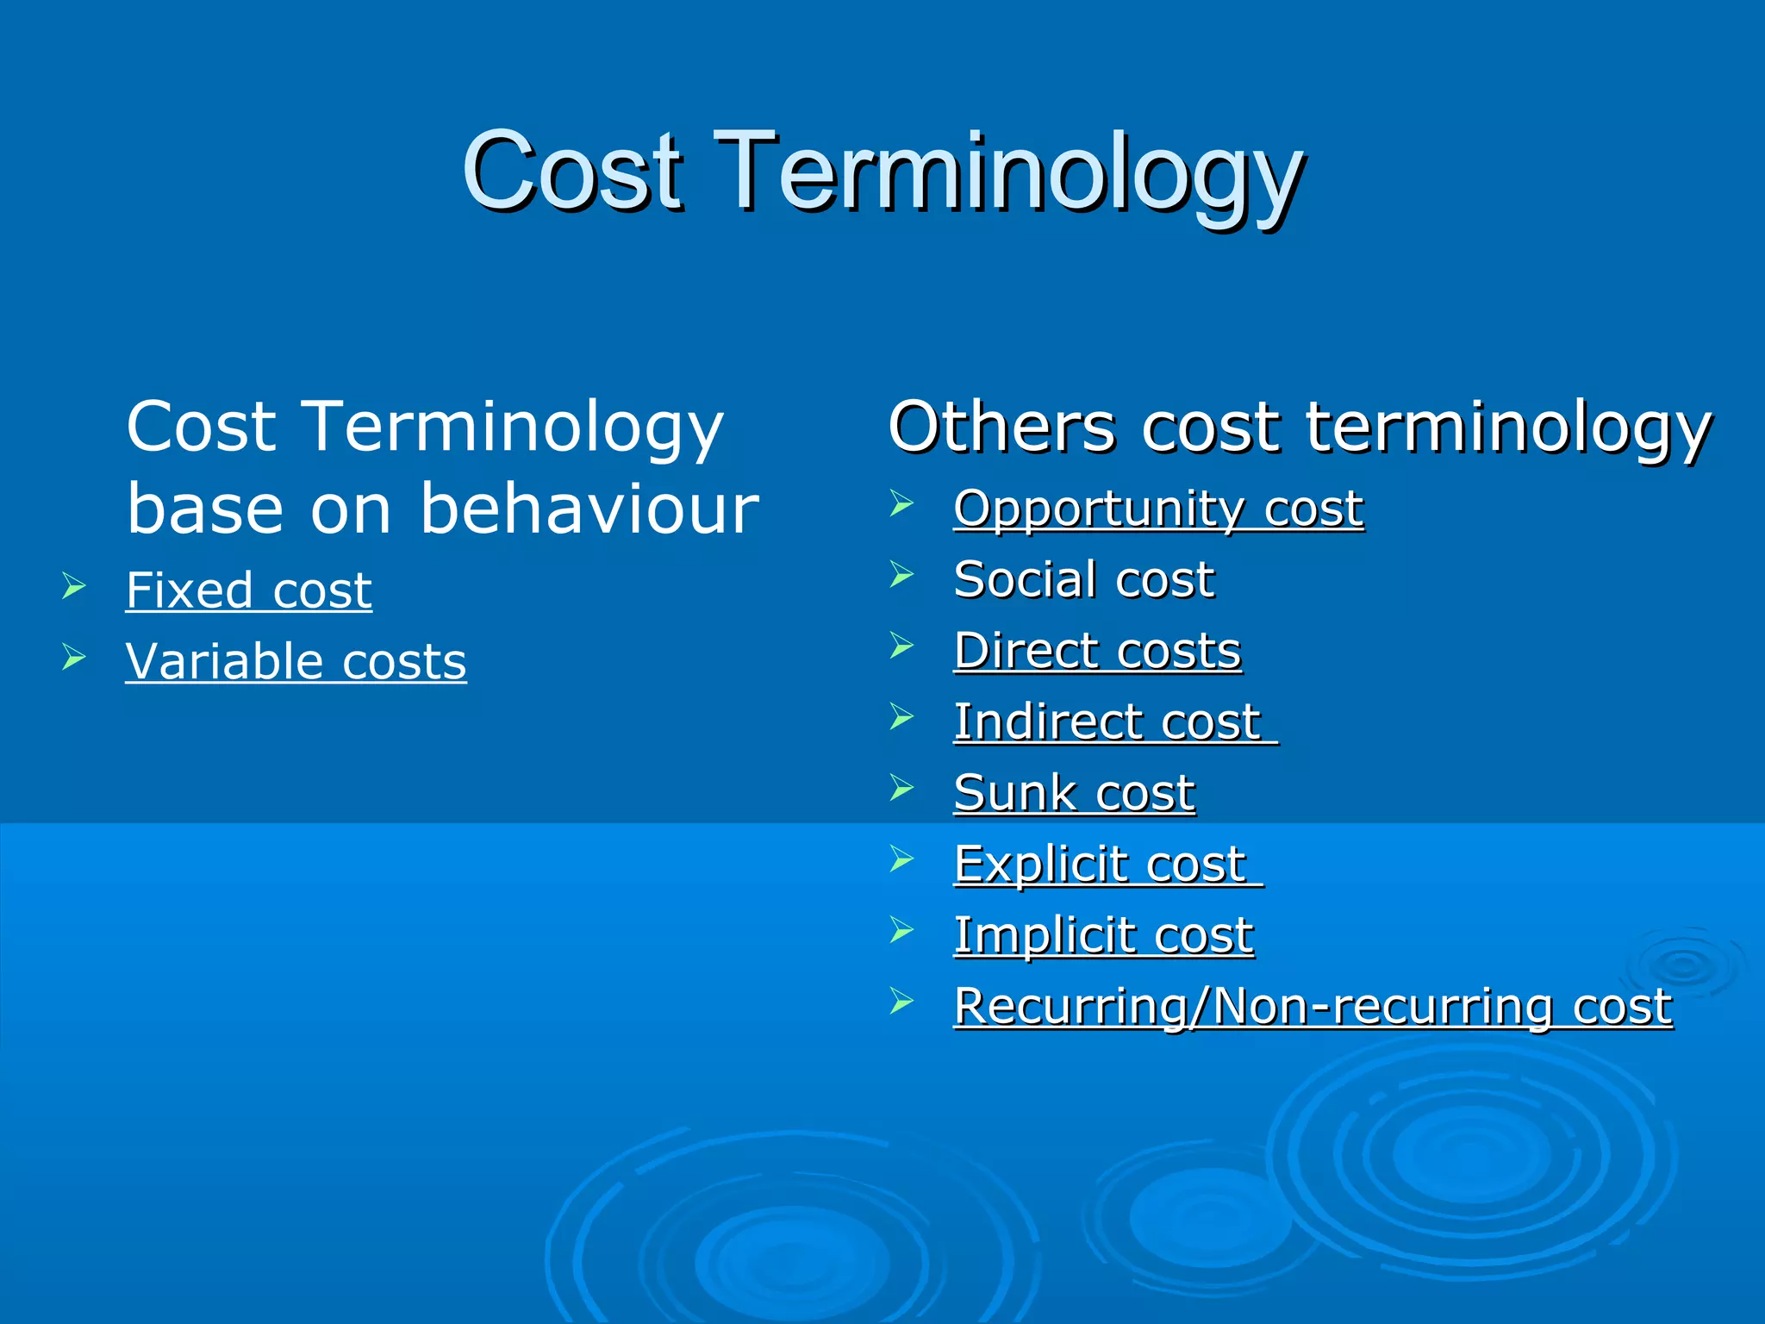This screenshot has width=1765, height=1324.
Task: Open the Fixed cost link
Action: (x=248, y=591)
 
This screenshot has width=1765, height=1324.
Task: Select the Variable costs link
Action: (x=296, y=662)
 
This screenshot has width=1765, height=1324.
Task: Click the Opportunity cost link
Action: (x=1158, y=509)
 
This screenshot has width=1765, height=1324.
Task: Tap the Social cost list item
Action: (x=1083, y=579)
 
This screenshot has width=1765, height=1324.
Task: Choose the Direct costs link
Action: (x=1097, y=651)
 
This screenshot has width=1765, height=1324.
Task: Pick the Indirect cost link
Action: (x=1107, y=721)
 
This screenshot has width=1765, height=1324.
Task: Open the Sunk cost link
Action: (x=1074, y=793)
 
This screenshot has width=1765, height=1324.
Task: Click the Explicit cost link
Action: (x=1101, y=864)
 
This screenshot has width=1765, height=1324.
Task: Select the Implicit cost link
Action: (x=1103, y=935)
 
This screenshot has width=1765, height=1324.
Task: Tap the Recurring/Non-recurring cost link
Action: (x=1313, y=1006)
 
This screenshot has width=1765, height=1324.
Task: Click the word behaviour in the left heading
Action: (x=589, y=509)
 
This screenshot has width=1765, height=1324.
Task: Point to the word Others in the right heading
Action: (x=1001, y=427)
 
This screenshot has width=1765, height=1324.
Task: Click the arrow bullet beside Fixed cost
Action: (x=74, y=588)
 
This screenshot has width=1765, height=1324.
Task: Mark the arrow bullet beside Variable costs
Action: (x=74, y=659)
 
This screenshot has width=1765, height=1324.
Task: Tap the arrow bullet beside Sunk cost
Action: (x=901, y=788)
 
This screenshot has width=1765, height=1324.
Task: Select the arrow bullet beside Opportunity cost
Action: (x=901, y=503)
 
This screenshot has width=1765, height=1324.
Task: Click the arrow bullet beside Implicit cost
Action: (x=901, y=930)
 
